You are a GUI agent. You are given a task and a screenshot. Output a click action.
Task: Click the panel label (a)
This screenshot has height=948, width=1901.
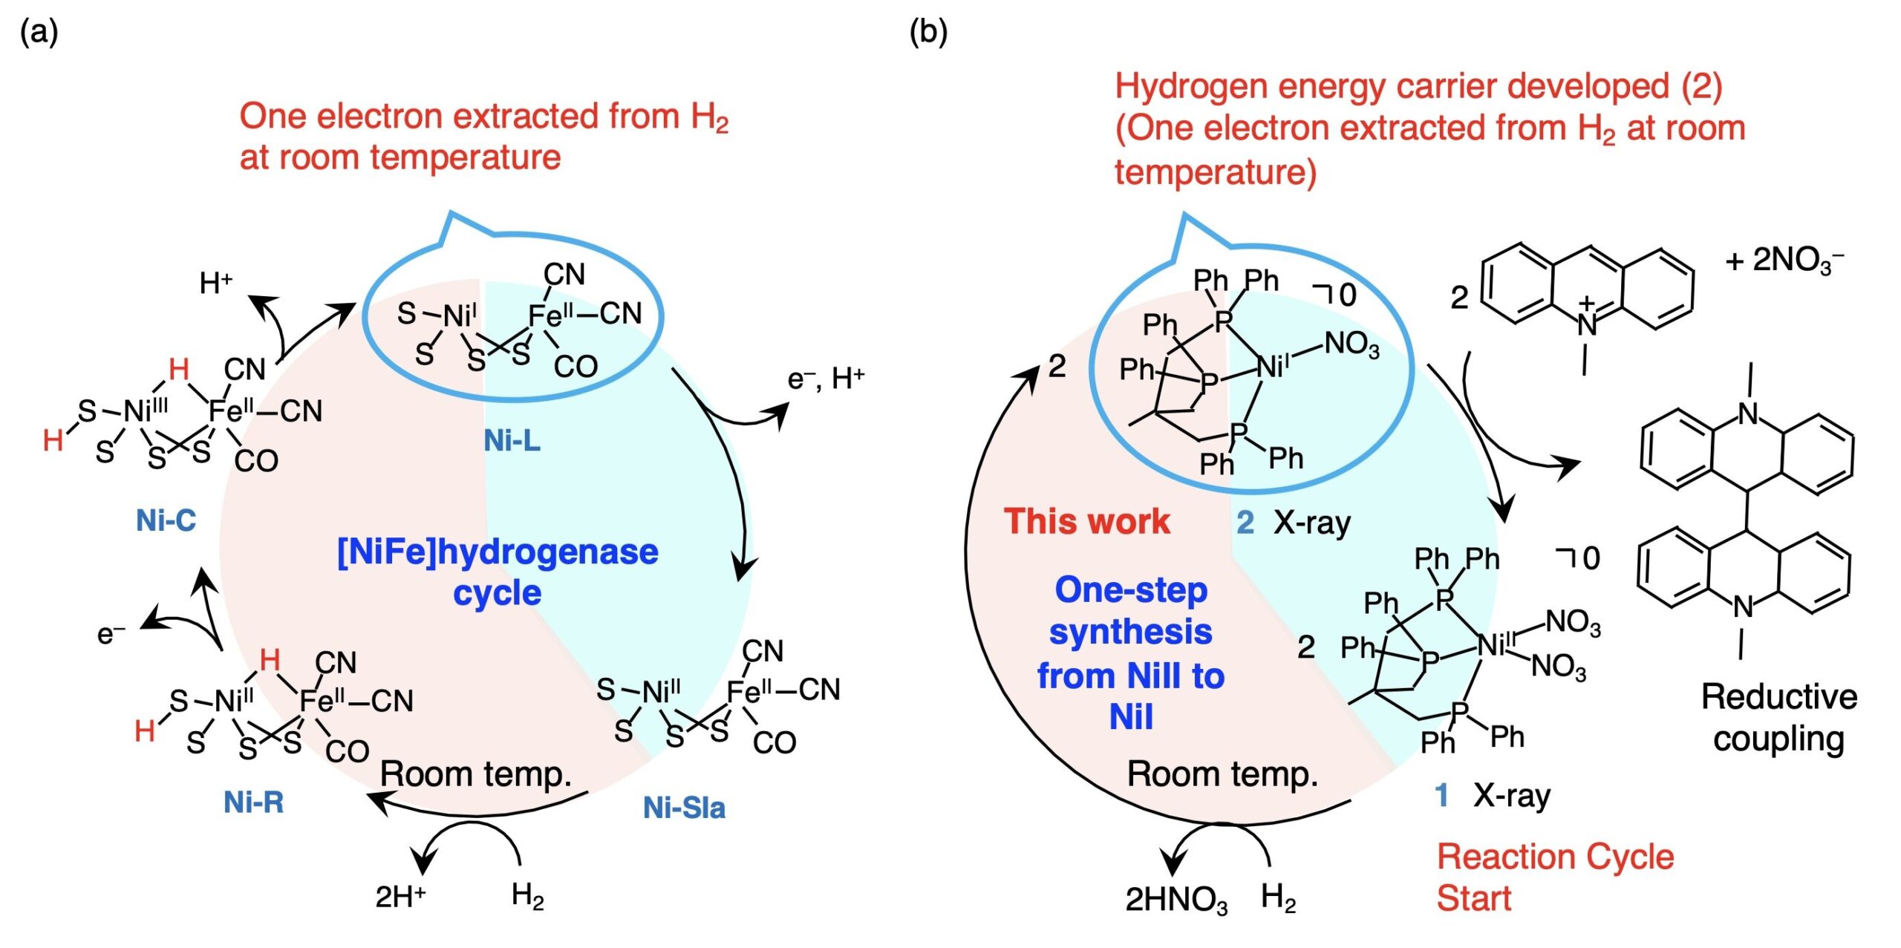[x=39, y=33]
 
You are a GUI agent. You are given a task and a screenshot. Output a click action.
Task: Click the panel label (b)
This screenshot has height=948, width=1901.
[x=928, y=33]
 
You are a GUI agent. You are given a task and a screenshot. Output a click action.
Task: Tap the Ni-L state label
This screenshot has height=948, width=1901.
[x=512, y=441]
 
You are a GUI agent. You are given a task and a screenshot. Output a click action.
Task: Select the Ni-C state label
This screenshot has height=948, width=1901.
[x=166, y=520]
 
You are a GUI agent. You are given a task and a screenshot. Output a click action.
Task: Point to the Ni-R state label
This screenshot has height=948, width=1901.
[x=253, y=802]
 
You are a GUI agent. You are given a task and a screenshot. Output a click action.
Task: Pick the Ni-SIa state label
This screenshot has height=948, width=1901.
[x=684, y=808]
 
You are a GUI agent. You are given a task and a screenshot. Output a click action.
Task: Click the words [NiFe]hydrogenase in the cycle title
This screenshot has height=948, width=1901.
[x=498, y=552]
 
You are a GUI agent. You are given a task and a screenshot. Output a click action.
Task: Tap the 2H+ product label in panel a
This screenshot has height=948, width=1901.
[x=400, y=897]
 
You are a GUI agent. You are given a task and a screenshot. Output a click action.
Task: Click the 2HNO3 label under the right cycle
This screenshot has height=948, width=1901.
[x=1176, y=900]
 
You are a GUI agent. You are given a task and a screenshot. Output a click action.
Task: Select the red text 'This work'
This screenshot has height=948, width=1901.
[x=1086, y=521]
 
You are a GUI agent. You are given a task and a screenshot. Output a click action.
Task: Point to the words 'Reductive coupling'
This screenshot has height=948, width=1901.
[x=1779, y=718]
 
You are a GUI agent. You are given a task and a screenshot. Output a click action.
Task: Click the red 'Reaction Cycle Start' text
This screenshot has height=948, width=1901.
[x=1555, y=877]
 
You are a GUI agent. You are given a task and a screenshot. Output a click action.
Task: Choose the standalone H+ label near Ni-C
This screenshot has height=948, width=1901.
[x=216, y=283]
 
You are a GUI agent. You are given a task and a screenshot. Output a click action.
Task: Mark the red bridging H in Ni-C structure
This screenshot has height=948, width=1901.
[x=178, y=369]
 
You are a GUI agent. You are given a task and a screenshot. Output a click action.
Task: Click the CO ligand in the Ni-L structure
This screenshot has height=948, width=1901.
[x=575, y=367]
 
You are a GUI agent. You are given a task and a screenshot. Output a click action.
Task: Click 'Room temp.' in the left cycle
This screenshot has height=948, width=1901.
[x=476, y=774]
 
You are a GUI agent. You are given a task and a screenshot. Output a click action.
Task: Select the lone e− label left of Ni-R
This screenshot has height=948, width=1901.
[x=111, y=633]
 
